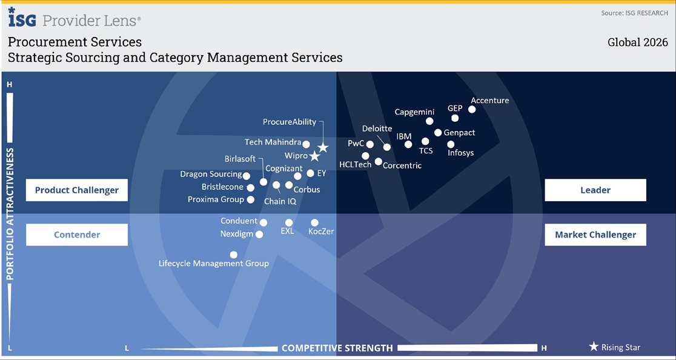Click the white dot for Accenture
(472, 110)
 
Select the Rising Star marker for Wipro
(315, 156)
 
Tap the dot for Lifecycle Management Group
(234, 255)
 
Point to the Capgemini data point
(429, 121)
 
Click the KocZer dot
(315, 223)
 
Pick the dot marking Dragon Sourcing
(246, 176)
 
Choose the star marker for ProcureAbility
(323, 148)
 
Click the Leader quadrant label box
(595, 190)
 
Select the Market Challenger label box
(595, 235)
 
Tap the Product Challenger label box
(77, 190)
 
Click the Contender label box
(77, 235)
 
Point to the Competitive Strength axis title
(337, 348)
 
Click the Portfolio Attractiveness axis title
(10, 215)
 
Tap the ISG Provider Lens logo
(74, 18)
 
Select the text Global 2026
(638, 42)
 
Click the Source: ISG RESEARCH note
(635, 13)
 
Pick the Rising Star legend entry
(615, 347)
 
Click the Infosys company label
(461, 153)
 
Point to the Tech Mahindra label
(273, 142)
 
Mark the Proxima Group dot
(251, 199)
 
